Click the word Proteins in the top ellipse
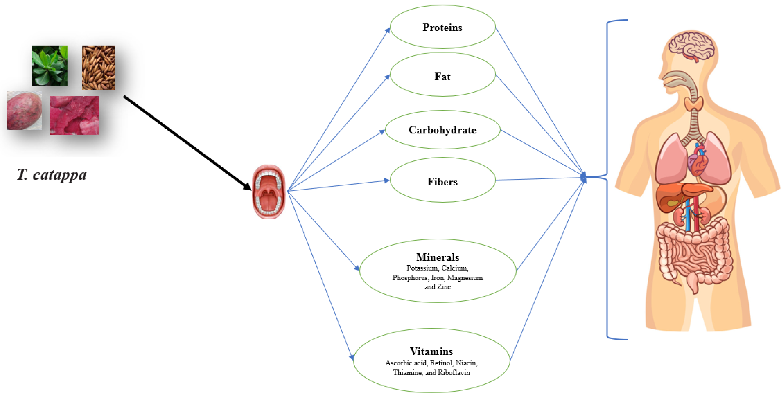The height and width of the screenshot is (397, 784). point(442,27)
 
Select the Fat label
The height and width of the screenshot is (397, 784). point(442,76)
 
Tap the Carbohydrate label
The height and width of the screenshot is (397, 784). point(442,130)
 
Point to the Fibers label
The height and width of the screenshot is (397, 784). point(442,182)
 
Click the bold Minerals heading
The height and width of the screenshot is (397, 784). point(437,257)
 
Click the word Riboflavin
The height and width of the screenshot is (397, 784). point(454,372)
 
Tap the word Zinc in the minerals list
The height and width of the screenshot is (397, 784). point(444,286)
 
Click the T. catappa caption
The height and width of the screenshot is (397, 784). point(52,175)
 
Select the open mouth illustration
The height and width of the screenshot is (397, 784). point(269,192)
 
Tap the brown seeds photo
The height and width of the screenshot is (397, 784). point(99,68)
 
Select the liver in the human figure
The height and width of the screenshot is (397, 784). point(679,196)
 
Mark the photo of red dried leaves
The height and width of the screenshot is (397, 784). point(74,115)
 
